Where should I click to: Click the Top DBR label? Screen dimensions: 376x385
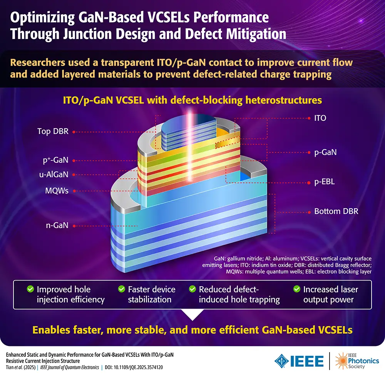[x=53, y=132]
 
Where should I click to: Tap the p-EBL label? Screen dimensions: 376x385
[x=324, y=182]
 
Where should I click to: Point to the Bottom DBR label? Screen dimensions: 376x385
[x=334, y=211]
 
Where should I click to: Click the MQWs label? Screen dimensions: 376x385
[x=56, y=191]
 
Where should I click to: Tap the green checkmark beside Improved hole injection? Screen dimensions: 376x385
[x=30, y=289]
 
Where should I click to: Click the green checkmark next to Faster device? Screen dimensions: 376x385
[x=121, y=289]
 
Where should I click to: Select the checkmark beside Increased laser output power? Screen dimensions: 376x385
[x=296, y=289]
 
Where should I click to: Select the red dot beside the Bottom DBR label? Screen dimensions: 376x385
[x=309, y=212]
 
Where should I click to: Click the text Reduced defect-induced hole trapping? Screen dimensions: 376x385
[x=239, y=294]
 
